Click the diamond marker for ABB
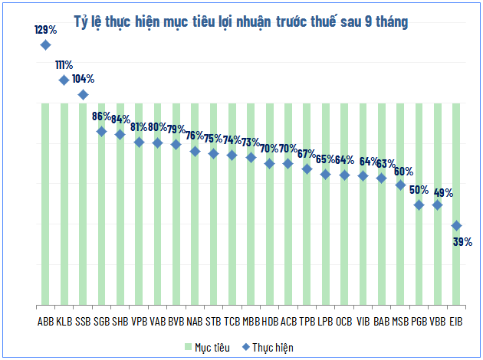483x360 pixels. pos(45,45)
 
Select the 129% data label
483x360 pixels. pos(45,30)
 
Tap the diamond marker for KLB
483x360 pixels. pos(64,80)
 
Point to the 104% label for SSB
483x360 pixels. pos(83,79)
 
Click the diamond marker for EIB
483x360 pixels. pos(456,225)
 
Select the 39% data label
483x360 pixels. pos(462,241)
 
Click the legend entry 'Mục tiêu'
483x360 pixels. pos(206,347)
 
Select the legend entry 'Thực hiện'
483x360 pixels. pos(268,347)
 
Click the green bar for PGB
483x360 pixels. pos(419,260)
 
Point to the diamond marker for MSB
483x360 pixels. pos(400,185)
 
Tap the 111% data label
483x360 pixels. pos(64,65)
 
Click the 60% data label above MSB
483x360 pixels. pos(404,171)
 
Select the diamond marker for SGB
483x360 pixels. pos(101,131)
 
